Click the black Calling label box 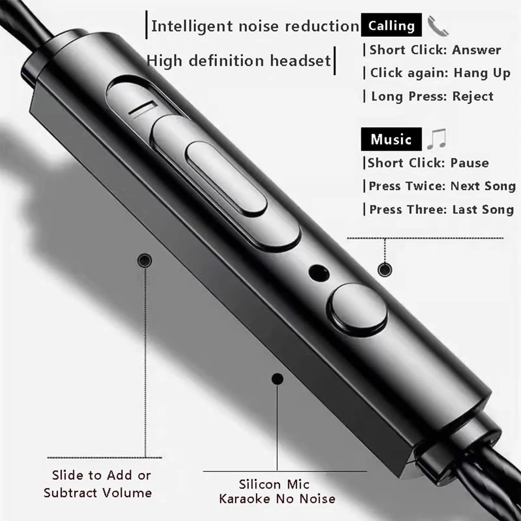click(391, 25)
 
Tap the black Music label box click(391, 139)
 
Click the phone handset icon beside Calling click(438, 26)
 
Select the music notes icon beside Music click(436, 138)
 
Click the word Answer click(476, 50)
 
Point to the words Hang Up click(482, 73)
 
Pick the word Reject click(473, 96)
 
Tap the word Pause click(470, 163)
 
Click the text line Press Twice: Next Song click(442, 186)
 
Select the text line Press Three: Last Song click(442, 210)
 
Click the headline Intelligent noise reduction click(255, 26)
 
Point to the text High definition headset click(238, 60)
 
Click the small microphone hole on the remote click(319, 274)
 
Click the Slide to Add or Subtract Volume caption click(98, 484)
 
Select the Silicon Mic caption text click(274, 484)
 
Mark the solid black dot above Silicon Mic click(277, 379)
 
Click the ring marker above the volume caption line click(145, 260)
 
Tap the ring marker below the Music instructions click(385, 269)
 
